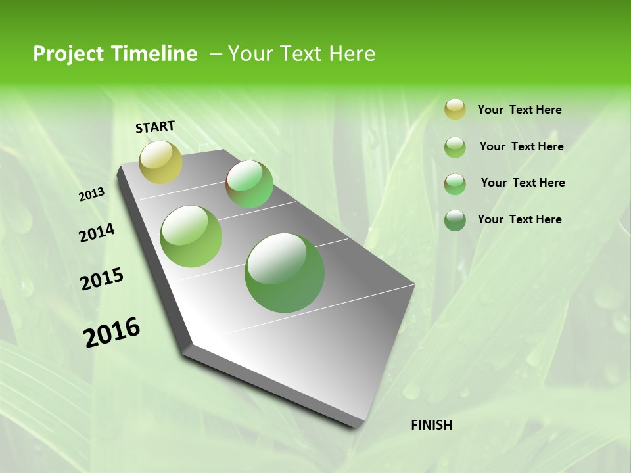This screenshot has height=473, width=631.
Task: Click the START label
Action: tap(155, 127)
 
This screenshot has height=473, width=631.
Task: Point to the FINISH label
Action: tap(432, 425)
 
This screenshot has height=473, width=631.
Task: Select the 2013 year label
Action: tap(92, 194)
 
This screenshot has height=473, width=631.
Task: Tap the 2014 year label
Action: tap(97, 233)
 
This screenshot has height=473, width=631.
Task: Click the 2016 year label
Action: tap(112, 332)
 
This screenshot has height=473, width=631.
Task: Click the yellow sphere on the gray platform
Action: tap(161, 162)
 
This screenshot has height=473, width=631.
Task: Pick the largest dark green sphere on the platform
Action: tap(285, 273)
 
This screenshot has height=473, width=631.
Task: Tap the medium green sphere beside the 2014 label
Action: tap(191, 236)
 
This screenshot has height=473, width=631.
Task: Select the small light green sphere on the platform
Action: tap(249, 184)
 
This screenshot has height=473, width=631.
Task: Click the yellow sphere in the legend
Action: tap(455, 109)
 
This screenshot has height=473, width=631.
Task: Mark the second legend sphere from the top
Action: tap(455, 147)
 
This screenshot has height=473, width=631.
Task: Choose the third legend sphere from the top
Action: tap(455, 184)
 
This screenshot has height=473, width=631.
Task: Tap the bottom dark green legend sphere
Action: tap(455, 220)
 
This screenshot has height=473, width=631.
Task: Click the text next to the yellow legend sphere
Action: tap(519, 110)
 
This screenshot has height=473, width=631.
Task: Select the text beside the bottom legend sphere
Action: tap(519, 219)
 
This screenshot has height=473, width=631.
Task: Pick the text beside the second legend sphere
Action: tap(521, 146)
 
